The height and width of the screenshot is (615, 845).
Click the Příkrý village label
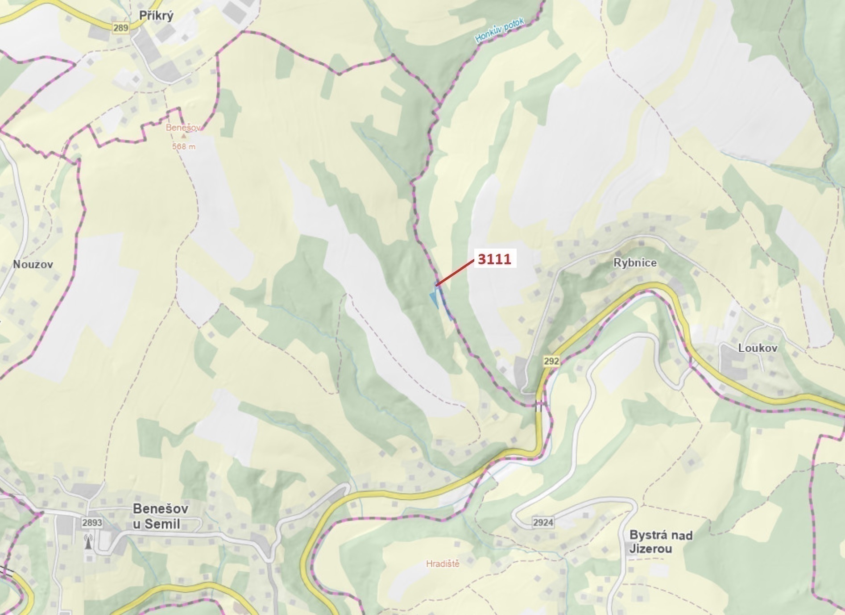click(156, 16)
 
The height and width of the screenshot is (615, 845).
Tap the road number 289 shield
click(120, 28)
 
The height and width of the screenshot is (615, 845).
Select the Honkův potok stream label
click(500, 30)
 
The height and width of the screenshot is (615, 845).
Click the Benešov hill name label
click(183, 128)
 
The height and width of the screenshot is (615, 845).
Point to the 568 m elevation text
click(183, 146)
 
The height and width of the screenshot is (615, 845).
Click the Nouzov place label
click(33, 264)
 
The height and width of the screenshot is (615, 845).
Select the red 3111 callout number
click(494, 259)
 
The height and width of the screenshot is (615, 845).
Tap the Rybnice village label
click(635, 262)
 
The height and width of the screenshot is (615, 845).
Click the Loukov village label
click(758, 348)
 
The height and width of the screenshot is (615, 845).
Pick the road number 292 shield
click(551, 361)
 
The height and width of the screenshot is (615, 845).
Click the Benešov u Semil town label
click(160, 516)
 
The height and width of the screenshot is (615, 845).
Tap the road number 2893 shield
click(92, 523)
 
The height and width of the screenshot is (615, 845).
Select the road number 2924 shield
click(543, 522)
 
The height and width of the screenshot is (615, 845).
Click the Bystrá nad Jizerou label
click(660, 541)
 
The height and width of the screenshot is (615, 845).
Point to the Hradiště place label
click(442, 564)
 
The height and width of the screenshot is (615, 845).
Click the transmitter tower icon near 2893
click(88, 542)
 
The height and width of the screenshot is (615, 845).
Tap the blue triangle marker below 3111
click(434, 299)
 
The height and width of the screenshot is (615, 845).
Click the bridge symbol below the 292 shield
click(539, 407)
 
